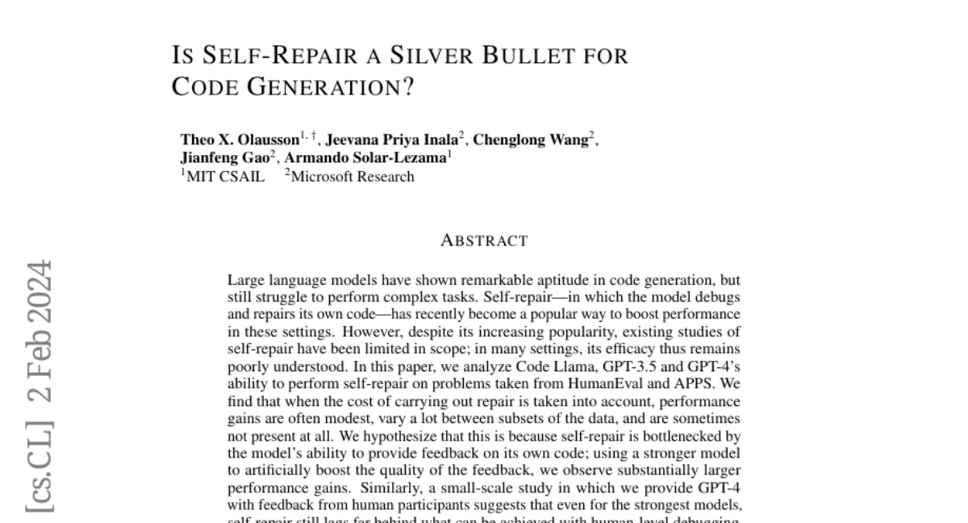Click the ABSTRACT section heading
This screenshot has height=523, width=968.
484,241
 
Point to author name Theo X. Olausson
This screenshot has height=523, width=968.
240,140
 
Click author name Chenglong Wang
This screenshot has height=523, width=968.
530,140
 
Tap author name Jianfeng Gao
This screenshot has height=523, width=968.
224,158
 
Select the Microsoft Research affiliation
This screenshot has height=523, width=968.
352,177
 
